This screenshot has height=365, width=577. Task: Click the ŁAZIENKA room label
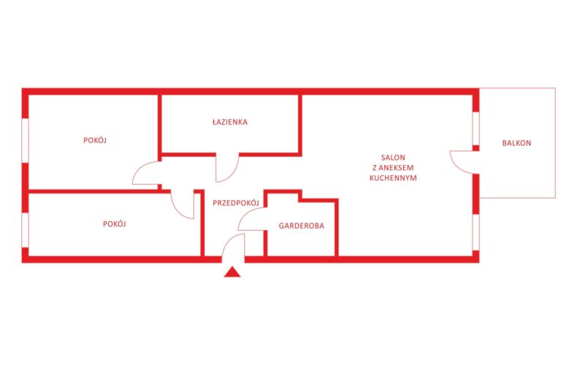tap(230, 121)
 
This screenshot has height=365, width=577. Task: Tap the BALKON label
tap(516, 143)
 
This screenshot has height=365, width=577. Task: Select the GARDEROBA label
tap(302, 226)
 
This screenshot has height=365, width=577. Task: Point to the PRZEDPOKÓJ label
tap(236, 202)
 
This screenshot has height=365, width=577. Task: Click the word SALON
tap(393, 158)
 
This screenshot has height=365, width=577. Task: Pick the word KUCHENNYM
tap(393, 177)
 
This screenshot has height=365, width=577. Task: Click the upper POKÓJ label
tap(95, 140)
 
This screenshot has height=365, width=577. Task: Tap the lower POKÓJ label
tap(115, 223)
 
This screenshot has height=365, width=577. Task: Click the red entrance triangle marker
tap(232, 272)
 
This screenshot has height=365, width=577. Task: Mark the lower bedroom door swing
tap(177, 210)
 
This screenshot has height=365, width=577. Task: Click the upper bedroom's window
tap(26, 140)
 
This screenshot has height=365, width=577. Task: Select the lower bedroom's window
tap(26, 231)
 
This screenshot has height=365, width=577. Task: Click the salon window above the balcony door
tap(475, 128)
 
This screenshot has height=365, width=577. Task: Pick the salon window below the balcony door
tap(475, 232)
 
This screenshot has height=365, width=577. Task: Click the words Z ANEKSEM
tap(393, 168)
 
